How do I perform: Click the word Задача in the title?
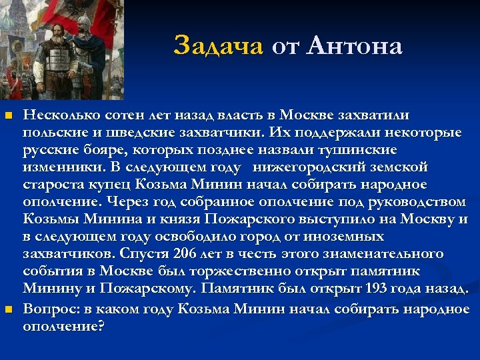tap(219, 46)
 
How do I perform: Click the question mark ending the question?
tap(101, 327)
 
